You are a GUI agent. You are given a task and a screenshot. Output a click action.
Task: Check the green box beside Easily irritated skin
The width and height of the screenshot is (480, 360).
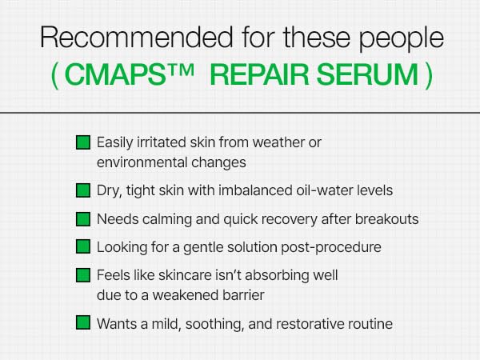[82, 142]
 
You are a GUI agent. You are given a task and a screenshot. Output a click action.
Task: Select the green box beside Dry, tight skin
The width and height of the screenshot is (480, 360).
[82, 190]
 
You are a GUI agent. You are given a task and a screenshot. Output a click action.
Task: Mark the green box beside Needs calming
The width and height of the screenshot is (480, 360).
[82, 218]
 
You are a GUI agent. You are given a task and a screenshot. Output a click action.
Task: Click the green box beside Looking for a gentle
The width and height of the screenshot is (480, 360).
[82, 246]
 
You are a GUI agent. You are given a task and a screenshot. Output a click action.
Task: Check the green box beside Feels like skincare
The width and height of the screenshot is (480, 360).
[82, 274]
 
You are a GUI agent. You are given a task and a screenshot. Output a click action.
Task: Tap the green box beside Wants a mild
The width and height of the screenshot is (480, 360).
[82, 323]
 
